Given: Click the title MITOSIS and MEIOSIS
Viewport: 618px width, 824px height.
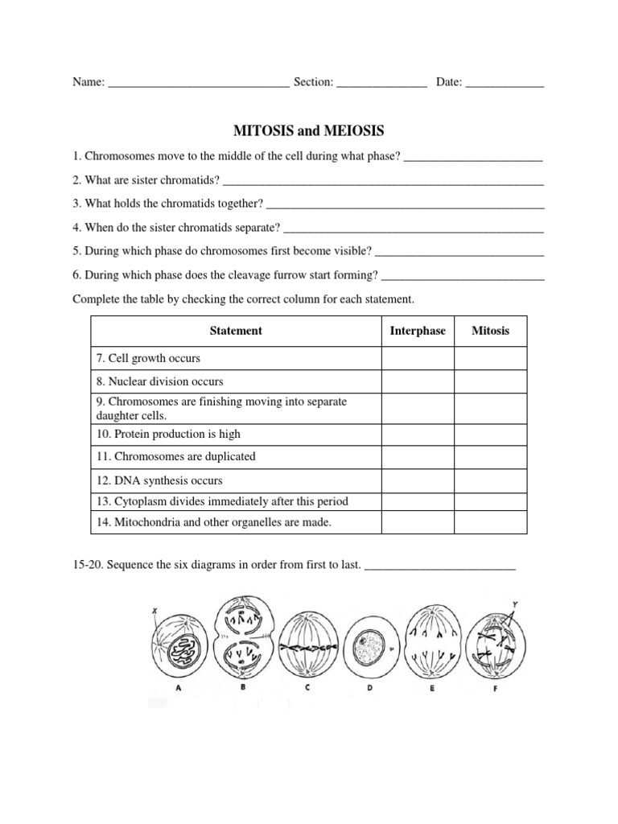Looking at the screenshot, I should (308, 130).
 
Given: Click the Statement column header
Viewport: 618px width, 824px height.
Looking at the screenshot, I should (236, 331).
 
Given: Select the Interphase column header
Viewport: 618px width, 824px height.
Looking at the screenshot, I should (418, 331).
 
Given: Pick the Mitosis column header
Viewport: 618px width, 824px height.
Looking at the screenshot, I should (490, 331).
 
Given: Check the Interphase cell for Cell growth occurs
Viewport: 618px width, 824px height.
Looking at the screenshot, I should (418, 358).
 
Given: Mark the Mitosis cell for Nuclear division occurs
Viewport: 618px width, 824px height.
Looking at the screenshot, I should (490, 381).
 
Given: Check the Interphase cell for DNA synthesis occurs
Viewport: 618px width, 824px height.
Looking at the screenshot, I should (418, 480).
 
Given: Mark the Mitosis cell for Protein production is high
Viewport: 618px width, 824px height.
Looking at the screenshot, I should (490, 434).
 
